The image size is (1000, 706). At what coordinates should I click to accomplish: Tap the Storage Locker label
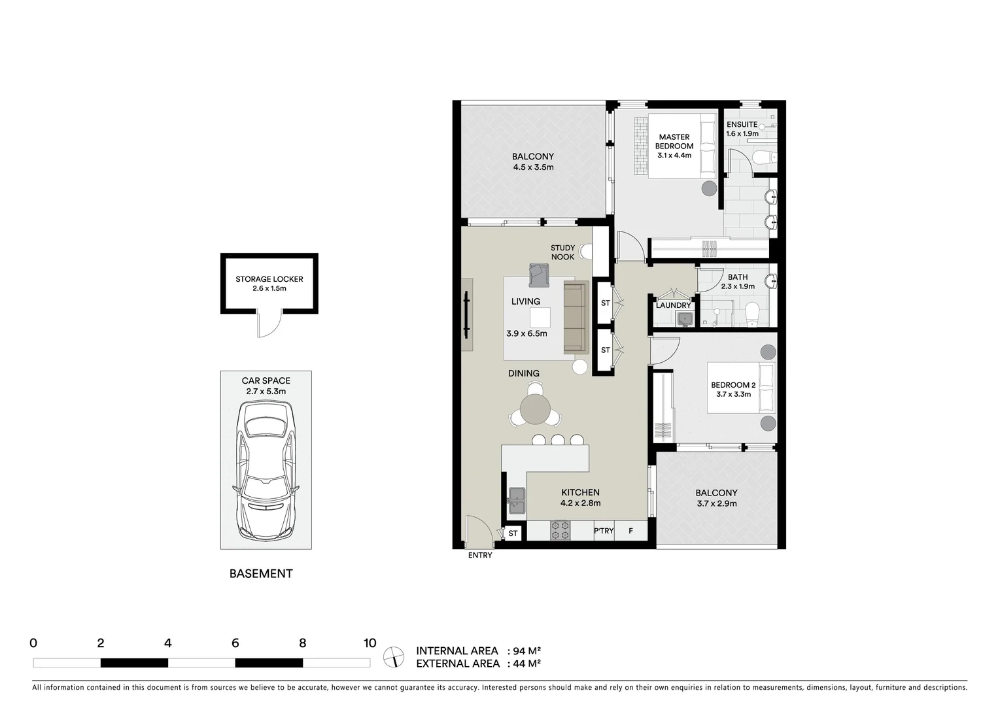tap(269, 279)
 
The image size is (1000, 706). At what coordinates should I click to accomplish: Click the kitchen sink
tap(516, 501)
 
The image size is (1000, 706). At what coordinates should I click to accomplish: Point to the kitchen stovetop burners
tap(560, 529)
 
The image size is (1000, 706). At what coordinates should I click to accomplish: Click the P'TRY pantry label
tap(604, 531)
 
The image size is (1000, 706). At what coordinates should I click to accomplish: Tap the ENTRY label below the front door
tap(479, 556)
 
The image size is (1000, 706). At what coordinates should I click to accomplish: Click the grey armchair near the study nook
tap(539, 275)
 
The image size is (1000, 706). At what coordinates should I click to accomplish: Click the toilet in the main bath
tap(752, 313)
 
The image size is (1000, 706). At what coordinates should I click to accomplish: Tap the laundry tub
tap(685, 318)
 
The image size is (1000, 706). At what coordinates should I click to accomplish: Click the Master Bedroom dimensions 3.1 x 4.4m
tap(674, 156)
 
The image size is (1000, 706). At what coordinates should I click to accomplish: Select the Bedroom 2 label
tap(733, 385)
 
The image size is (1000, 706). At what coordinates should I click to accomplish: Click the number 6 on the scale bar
tap(235, 643)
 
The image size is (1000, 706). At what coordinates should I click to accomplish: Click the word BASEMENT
tap(261, 574)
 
